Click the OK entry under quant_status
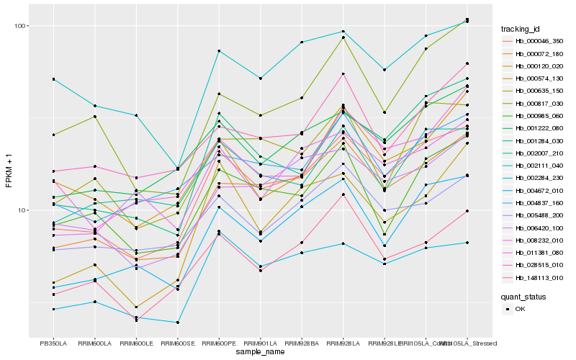pos(520,308)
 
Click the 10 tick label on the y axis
pos(22,210)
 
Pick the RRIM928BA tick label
pos(302,343)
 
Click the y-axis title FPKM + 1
pos(9,172)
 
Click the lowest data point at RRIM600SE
pos(177,323)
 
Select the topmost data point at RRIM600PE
pos(219,51)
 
